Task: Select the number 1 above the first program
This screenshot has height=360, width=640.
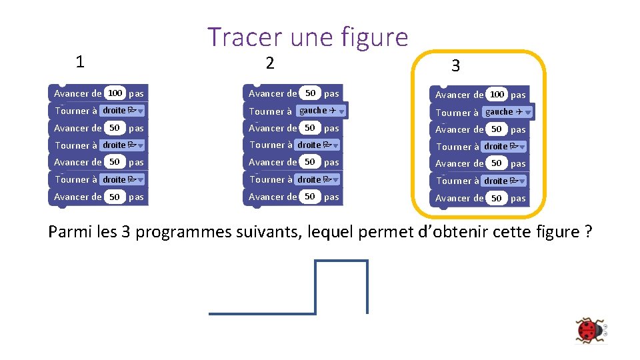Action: pyautogui.click(x=80, y=62)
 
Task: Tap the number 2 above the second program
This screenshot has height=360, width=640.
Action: pyautogui.click(x=269, y=63)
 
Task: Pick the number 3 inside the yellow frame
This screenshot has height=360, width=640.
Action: pyautogui.click(x=455, y=65)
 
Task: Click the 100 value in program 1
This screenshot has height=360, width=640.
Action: pyautogui.click(x=115, y=93)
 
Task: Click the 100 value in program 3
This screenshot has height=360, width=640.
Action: pyautogui.click(x=497, y=95)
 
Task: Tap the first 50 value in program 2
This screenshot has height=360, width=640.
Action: pyautogui.click(x=310, y=93)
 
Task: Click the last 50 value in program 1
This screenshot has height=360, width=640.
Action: pyautogui.click(x=115, y=197)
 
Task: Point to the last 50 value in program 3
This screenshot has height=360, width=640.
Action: pyautogui.click(x=497, y=198)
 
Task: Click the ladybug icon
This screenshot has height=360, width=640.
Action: pyautogui.click(x=589, y=330)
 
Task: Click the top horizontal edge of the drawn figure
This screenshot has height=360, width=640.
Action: pyautogui.click(x=341, y=261)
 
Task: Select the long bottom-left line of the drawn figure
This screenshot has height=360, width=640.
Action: pyautogui.click(x=262, y=313)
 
